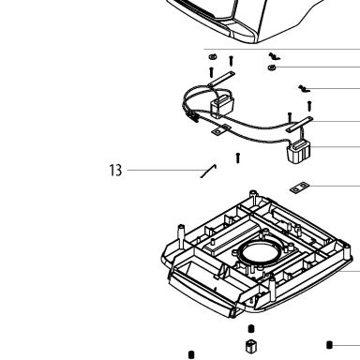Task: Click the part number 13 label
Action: pyautogui.click(x=115, y=171)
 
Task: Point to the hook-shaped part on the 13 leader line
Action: pyautogui.click(x=209, y=172)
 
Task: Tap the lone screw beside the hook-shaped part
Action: pyautogui.click(x=238, y=157)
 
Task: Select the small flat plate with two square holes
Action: pyautogui.click(x=299, y=187)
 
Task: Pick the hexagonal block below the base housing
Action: pyautogui.click(x=251, y=346)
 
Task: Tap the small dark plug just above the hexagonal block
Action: pyautogui.click(x=251, y=329)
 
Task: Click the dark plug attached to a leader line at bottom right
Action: pyautogui.click(x=329, y=345)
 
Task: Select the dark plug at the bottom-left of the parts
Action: pyautogui.click(x=191, y=355)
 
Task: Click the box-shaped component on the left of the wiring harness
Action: pyautogui.click(x=222, y=106)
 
